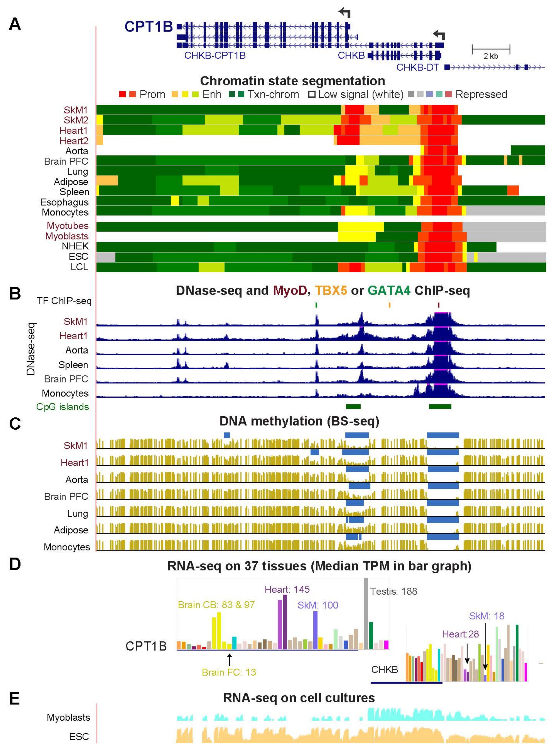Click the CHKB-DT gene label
pyautogui.click(x=417, y=68)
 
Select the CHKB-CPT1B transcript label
pyautogui.click(x=215, y=55)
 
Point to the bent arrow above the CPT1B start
pyautogui.click(x=345, y=13)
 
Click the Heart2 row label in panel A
pyautogui.click(x=74, y=141)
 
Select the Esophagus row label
pyautogui.click(x=64, y=202)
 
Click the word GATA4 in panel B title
pyautogui.click(x=389, y=291)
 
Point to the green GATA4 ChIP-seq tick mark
pyautogui.click(x=316, y=305)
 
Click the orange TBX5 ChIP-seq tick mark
pyautogui.click(x=389, y=305)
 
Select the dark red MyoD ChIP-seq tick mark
pyautogui.click(x=439, y=305)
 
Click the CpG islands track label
pyautogui.click(x=63, y=407)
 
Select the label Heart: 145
pyautogui.click(x=287, y=589)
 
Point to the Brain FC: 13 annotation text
pyautogui.click(x=229, y=672)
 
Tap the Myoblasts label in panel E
pyautogui.click(x=68, y=717)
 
